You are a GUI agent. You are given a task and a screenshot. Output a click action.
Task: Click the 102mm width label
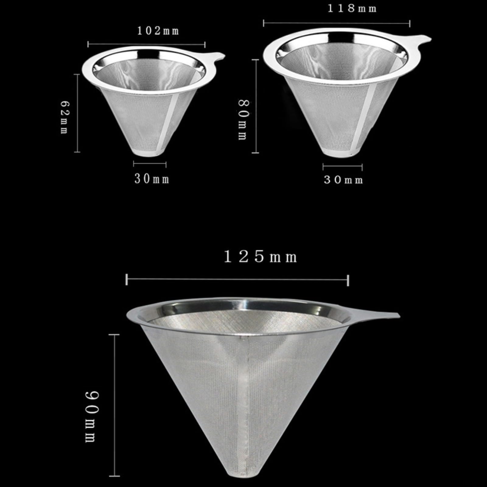pos(158,31)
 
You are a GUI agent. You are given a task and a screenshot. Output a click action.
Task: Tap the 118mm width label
pos(352,8)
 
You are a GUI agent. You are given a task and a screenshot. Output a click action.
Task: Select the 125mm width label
pos(261,258)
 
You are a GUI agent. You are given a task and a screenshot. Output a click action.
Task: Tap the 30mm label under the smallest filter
pos(152,179)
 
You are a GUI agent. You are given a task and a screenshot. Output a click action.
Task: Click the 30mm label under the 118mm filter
pos(343,180)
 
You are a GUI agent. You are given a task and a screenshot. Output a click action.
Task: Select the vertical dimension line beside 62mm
pos(77,113)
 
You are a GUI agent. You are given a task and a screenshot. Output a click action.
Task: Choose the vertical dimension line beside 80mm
pos(256,107)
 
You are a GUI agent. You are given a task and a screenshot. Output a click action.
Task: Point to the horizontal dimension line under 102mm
pos(146,44)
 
